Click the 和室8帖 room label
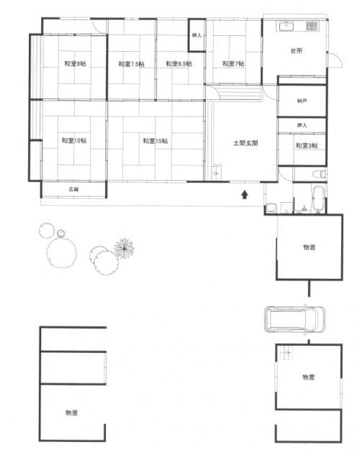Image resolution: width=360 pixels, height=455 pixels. (x=75, y=63)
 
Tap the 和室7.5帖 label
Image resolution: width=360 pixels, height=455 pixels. (x=131, y=64)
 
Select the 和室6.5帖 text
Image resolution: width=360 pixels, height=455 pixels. (x=179, y=63)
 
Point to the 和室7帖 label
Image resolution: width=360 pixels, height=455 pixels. (x=233, y=63)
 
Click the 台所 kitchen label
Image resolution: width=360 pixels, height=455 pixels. (x=297, y=51)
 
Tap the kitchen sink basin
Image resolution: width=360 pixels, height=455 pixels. (x=287, y=26)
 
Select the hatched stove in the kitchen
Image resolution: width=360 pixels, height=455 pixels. (x=312, y=27)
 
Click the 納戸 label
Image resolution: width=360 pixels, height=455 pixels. (x=302, y=101)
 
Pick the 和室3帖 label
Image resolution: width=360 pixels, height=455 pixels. (x=307, y=146)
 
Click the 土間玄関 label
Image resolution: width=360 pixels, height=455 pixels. (x=246, y=143)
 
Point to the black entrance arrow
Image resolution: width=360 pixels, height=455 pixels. (x=245, y=194)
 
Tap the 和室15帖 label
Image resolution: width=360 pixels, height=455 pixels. (x=155, y=141)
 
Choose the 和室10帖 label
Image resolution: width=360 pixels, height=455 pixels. (x=74, y=141)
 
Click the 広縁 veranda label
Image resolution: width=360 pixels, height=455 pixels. (x=73, y=190)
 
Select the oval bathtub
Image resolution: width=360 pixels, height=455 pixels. (x=318, y=198)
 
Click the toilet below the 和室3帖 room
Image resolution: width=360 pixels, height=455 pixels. (x=320, y=174)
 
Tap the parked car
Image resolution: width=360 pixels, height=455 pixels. (x=294, y=319)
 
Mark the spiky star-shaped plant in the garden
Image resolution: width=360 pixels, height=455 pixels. (x=125, y=248)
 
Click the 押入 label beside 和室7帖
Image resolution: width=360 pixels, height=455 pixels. (x=197, y=35)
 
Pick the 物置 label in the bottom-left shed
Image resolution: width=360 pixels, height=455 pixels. (x=71, y=413)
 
